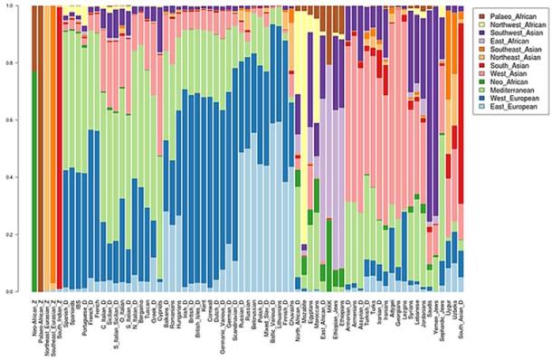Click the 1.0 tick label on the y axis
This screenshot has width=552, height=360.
pyautogui.click(x=20, y=7)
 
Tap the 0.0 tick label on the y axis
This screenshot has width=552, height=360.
pyautogui.click(x=20, y=291)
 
